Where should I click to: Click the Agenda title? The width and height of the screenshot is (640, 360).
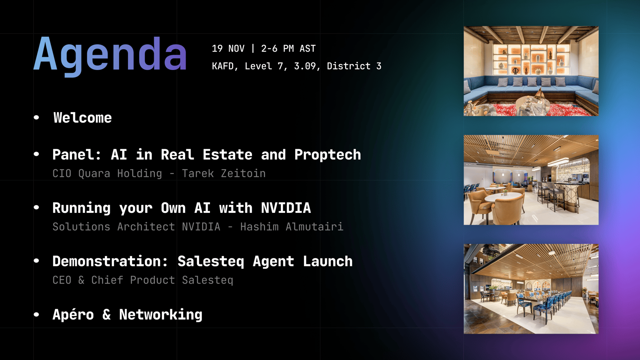[x=110, y=55]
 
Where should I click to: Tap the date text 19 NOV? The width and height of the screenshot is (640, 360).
[x=228, y=48]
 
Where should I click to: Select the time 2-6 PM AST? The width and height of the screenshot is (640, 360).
[x=288, y=48]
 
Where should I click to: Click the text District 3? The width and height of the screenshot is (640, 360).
[x=354, y=66]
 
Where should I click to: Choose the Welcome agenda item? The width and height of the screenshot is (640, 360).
[x=82, y=118]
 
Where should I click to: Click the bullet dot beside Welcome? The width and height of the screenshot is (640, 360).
[x=36, y=117]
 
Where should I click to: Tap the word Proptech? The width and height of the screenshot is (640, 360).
[x=328, y=155]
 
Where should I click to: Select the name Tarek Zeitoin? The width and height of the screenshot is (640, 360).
[x=224, y=174]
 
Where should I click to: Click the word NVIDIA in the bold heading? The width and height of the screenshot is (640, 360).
[x=286, y=208]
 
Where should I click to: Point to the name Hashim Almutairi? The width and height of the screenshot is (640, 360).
[x=292, y=227]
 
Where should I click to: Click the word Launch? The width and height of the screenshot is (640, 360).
[x=328, y=261]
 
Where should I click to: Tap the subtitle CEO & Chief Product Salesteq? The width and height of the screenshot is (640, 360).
[x=143, y=280]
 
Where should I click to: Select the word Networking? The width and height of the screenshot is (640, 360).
[x=160, y=315]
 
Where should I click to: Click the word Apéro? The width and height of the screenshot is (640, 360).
[x=73, y=314]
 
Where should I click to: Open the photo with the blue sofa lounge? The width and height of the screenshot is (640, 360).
[x=531, y=71]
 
